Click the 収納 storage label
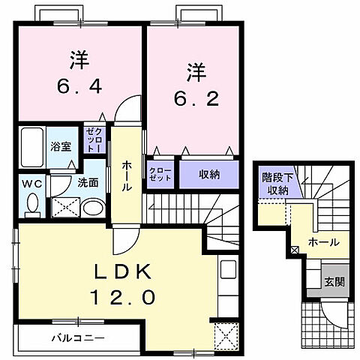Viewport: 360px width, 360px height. point(209,174)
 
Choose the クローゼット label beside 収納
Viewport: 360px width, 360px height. point(160,174)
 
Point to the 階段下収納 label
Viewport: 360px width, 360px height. point(277,183)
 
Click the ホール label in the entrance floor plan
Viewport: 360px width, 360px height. point(324,243)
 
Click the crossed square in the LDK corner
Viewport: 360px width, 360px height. point(224,335)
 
